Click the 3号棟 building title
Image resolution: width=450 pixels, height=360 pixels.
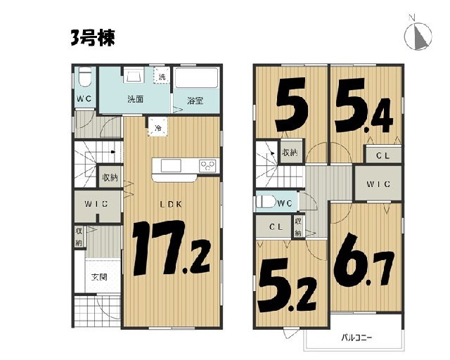(93, 38)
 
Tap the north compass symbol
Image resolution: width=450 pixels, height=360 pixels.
(418, 35)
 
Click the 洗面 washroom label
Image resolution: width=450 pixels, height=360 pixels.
(135, 99)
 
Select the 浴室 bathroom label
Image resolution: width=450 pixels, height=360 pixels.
(195, 101)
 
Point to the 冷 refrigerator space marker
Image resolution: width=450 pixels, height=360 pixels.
(157, 127)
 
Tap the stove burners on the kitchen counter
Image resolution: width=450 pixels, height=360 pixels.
(207, 166)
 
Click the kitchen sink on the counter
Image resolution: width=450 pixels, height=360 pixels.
(171, 166)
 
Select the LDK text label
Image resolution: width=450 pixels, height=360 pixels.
(171, 205)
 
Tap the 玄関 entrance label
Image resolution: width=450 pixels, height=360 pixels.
(99, 277)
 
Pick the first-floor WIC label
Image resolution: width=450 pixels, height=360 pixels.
(96, 204)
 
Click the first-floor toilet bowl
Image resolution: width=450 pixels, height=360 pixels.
(84, 77)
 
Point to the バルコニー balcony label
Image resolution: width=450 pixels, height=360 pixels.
(356, 337)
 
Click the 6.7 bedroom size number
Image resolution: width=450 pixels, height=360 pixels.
(364, 259)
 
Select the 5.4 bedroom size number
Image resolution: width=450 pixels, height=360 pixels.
(364, 105)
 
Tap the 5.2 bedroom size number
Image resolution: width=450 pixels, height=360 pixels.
(288, 285)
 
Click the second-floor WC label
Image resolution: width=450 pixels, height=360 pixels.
(285, 203)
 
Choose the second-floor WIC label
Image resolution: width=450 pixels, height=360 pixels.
(378, 184)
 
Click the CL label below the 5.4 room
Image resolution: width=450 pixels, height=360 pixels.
(382, 156)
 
